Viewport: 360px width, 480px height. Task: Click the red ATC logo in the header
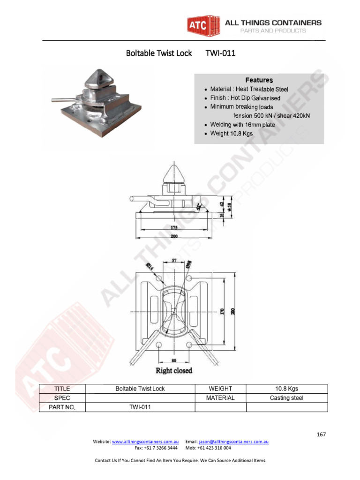(x=197, y=26)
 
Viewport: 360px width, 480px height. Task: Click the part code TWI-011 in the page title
(x=220, y=53)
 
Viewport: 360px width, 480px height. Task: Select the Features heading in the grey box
(x=259, y=80)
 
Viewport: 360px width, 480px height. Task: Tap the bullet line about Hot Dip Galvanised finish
(x=245, y=98)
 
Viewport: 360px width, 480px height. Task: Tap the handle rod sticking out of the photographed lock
(x=61, y=99)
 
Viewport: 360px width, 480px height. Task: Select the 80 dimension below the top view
(x=174, y=360)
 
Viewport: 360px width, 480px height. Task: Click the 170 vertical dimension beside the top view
(x=223, y=310)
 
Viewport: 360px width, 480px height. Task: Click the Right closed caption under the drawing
(x=174, y=371)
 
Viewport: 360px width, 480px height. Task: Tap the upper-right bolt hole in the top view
(x=189, y=279)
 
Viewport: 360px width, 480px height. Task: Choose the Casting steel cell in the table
(x=286, y=398)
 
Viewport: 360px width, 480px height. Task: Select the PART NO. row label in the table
(x=62, y=407)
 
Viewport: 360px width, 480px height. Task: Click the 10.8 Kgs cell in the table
(x=286, y=389)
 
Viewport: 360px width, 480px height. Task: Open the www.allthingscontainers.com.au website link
(x=145, y=442)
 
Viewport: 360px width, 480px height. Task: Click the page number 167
(x=321, y=435)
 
